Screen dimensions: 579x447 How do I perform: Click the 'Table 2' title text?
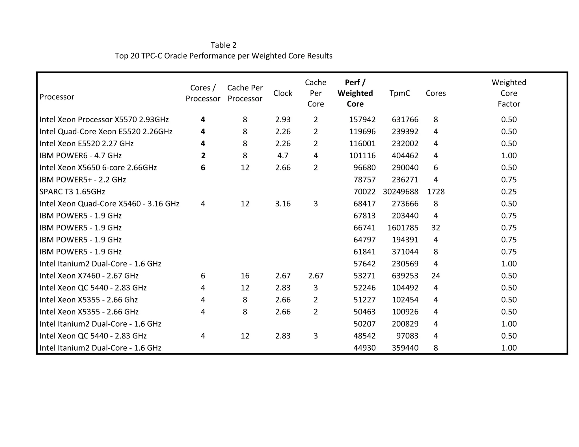pos(223,45)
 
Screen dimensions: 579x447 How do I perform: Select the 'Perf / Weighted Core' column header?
pos(355,93)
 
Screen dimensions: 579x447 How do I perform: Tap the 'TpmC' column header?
pos(399,93)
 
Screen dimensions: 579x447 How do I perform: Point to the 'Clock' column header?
pos(283,93)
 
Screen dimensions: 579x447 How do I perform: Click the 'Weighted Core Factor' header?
pos(509,93)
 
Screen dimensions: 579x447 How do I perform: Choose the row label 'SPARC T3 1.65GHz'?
pos(72,192)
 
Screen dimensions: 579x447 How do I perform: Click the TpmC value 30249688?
pos(401,192)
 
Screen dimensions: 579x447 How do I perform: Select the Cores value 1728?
pos(436,192)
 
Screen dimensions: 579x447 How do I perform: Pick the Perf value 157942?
pos(362,120)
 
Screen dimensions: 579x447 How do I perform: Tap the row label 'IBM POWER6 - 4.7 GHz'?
pos(81,156)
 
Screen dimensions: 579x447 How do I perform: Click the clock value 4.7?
pos(283,156)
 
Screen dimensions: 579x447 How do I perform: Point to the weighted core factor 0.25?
pos(509,192)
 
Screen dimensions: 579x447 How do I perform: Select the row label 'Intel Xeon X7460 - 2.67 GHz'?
pos(89,276)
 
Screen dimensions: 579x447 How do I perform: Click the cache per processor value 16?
pos(245,276)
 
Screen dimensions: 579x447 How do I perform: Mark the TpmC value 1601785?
pos(403,228)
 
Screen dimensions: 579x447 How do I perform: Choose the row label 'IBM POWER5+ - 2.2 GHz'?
pos(83,180)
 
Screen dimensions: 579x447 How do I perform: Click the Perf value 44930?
pos(364,348)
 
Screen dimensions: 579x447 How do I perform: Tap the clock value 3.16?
pos(283,204)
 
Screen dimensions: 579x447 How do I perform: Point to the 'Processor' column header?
pos(57,97)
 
